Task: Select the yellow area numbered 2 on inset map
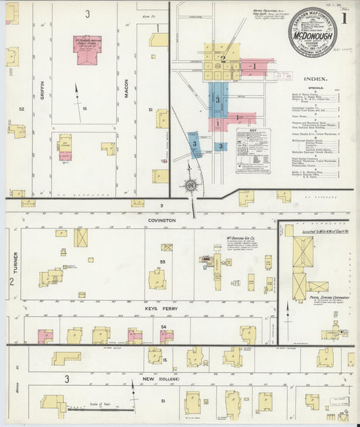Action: click(x=222, y=59)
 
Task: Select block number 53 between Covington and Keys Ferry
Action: click(x=162, y=261)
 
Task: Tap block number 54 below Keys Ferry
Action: click(x=162, y=327)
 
